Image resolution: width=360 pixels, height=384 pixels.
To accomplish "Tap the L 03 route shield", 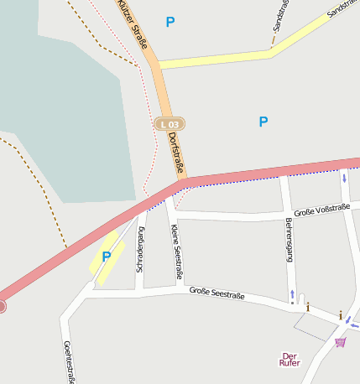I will click(169, 124).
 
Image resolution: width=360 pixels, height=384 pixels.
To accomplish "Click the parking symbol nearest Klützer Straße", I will click(170, 23).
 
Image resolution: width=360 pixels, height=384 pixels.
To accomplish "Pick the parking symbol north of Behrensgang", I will click(263, 122).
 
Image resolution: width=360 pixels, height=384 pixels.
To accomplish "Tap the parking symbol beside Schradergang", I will click(107, 257).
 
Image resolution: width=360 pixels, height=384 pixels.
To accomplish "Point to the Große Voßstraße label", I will click(321, 209).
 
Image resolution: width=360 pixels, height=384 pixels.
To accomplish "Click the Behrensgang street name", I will click(289, 243).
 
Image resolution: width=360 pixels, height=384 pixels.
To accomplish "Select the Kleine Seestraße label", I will click(177, 252).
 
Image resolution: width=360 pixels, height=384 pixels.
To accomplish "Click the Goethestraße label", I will click(66, 361).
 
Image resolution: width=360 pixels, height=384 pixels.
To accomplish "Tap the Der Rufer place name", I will click(290, 359).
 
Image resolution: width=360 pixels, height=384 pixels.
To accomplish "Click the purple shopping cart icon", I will click(340, 342).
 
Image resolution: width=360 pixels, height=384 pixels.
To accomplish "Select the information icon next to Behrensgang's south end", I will click(307, 307).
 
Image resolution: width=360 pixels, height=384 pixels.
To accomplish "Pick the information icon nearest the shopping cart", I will click(340, 315).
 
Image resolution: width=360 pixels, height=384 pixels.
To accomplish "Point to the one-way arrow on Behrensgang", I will click(292, 295).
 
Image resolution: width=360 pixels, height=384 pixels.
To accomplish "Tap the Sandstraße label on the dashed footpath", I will click(276, 18).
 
